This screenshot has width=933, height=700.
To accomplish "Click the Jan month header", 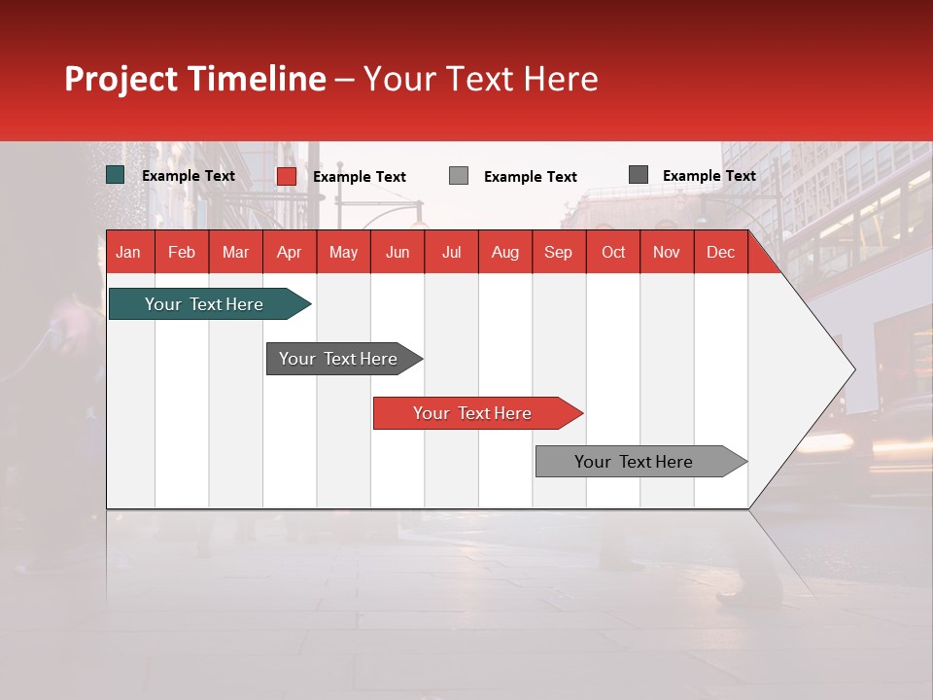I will pyautogui.click(x=128, y=252).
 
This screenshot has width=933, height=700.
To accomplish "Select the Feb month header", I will pyautogui.click(x=182, y=252).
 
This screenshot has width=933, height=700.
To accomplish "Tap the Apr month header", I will pyautogui.click(x=289, y=252).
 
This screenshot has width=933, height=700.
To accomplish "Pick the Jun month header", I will pyautogui.click(x=397, y=252).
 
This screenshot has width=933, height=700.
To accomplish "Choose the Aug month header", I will pyautogui.click(x=504, y=252).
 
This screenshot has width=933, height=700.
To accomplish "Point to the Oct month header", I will pyautogui.click(x=613, y=252).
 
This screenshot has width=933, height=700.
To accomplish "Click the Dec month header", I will pyautogui.click(x=720, y=252).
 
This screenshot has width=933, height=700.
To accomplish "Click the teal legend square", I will pyautogui.click(x=116, y=175).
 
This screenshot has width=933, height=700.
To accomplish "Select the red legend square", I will pyautogui.click(x=287, y=176).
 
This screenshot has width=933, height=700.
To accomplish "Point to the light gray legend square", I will pyautogui.click(x=459, y=176).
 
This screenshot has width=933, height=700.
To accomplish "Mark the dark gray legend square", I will pyautogui.click(x=639, y=175).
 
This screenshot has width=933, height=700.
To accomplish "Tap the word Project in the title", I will pyautogui.click(x=121, y=79).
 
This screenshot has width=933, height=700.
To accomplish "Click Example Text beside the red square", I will pyautogui.click(x=360, y=177).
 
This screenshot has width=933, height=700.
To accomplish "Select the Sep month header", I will pyautogui.click(x=558, y=252).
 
